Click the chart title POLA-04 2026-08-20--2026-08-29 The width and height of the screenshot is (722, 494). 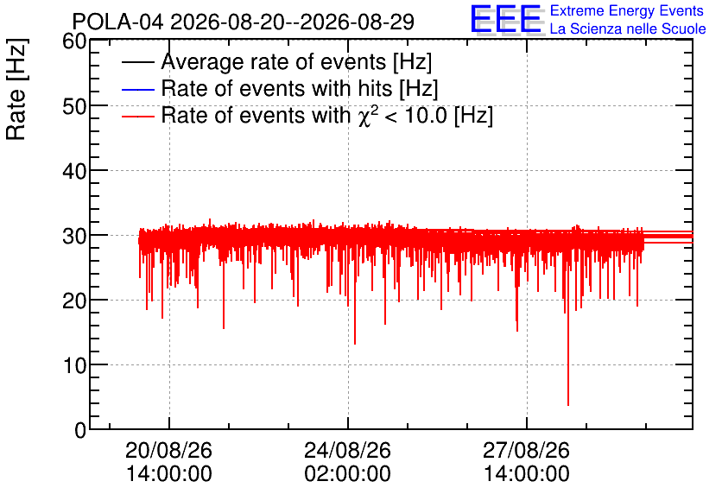point(244,22)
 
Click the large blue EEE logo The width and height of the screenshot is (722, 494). point(505,20)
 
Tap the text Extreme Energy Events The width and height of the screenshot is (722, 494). point(627,10)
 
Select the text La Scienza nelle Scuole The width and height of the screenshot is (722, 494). point(628,28)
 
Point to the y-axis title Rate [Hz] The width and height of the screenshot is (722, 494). point(16,89)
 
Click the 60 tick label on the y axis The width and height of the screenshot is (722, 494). point(74,41)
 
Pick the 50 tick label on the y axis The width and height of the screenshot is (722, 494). point(74,106)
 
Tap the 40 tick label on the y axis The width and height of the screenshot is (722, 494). point(74,171)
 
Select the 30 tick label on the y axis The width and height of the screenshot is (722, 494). point(74,236)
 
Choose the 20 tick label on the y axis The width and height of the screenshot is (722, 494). point(74,301)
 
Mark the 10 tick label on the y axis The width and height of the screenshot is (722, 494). point(74,366)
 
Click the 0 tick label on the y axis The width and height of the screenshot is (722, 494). point(80,430)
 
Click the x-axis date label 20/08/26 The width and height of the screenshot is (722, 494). point(169,450)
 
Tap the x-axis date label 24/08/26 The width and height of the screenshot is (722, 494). point(348,450)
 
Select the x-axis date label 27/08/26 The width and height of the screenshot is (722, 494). point(526,450)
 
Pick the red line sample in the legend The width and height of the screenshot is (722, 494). point(138,117)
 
